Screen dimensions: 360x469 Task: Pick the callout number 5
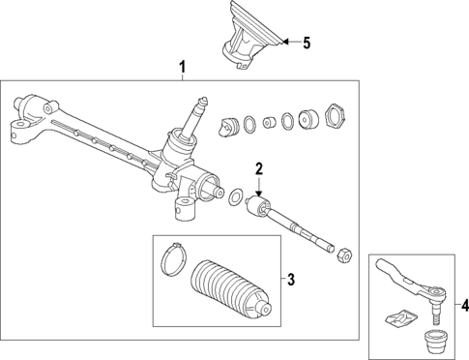coord(308,44)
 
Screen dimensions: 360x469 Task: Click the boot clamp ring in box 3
coord(171,257)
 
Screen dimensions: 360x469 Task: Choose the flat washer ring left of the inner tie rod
coord(233,198)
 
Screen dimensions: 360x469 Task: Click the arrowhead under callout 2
coord(259,192)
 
